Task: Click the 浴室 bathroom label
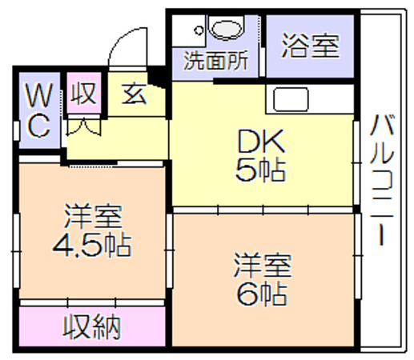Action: click(311, 46)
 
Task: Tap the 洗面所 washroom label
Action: click(216, 61)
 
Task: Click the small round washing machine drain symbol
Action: click(199, 30)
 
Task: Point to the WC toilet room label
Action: click(39, 110)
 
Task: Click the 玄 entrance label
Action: click(134, 94)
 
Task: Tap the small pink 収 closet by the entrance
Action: click(83, 93)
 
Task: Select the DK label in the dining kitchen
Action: click(261, 141)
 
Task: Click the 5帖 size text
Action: click(260, 170)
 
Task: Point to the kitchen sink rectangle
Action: click(291, 99)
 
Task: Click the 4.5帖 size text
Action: click(91, 245)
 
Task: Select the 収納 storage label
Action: click(91, 326)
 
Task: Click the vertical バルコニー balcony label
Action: click(382, 180)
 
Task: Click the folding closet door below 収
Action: click(83, 126)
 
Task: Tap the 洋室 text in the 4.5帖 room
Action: click(93, 216)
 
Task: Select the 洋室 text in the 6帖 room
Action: click(263, 266)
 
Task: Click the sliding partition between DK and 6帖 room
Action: click(263, 210)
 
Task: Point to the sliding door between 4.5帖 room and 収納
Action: click(92, 302)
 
